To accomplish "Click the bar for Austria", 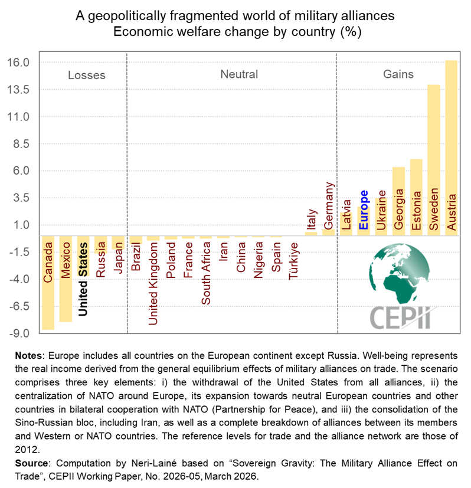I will [x=451, y=148].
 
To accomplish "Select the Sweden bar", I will [x=434, y=160].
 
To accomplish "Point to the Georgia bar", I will [x=399, y=201].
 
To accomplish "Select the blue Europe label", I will [x=364, y=209].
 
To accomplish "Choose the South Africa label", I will [x=206, y=275].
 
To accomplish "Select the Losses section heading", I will [x=87, y=75].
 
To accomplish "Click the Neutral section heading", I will [x=239, y=74].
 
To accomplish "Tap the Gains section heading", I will [x=398, y=74].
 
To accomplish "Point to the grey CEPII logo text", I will [x=400, y=317].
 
